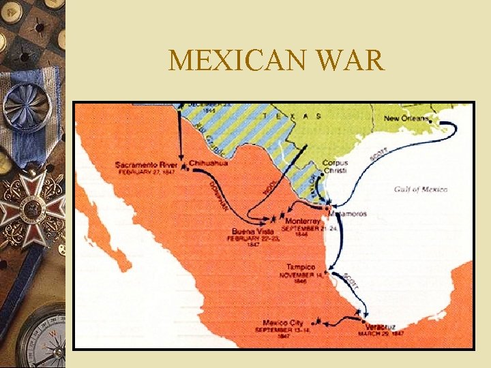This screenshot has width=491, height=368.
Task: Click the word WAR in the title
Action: pyautogui.click(x=351, y=61)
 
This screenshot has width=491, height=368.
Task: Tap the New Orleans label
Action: pyautogui.click(x=406, y=119)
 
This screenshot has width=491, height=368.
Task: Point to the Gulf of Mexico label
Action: pyautogui.click(x=421, y=189)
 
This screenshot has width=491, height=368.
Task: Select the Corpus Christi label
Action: pyautogui.click(x=335, y=167)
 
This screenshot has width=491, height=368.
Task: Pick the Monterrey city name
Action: pyautogui.click(x=302, y=221)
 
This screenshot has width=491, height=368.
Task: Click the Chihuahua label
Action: pyautogui.click(x=209, y=164)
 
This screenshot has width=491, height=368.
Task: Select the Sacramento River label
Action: pyautogui.click(x=146, y=165)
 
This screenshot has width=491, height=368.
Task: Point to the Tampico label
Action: pyautogui.click(x=300, y=266)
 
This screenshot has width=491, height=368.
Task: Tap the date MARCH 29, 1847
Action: pyautogui.click(x=381, y=334)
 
